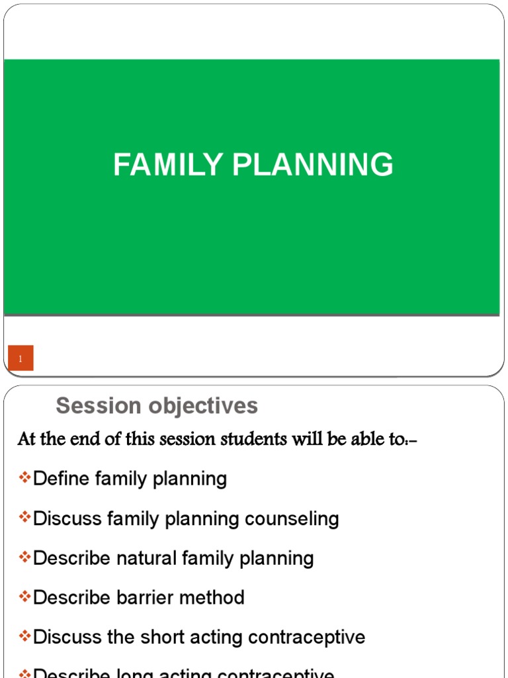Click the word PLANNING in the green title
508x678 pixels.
coord(313,165)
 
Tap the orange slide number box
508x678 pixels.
coord(21,359)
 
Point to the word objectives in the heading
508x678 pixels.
coord(198,406)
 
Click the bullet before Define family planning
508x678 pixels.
coord(25,478)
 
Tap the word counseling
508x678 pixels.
coord(292,518)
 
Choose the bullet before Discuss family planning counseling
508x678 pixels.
coord(25,518)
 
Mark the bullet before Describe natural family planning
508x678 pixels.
coord(25,557)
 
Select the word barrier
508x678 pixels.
coord(150,598)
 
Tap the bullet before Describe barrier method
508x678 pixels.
coord(25,597)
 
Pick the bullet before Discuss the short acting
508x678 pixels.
coord(25,637)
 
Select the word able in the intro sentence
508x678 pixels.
coord(353,439)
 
